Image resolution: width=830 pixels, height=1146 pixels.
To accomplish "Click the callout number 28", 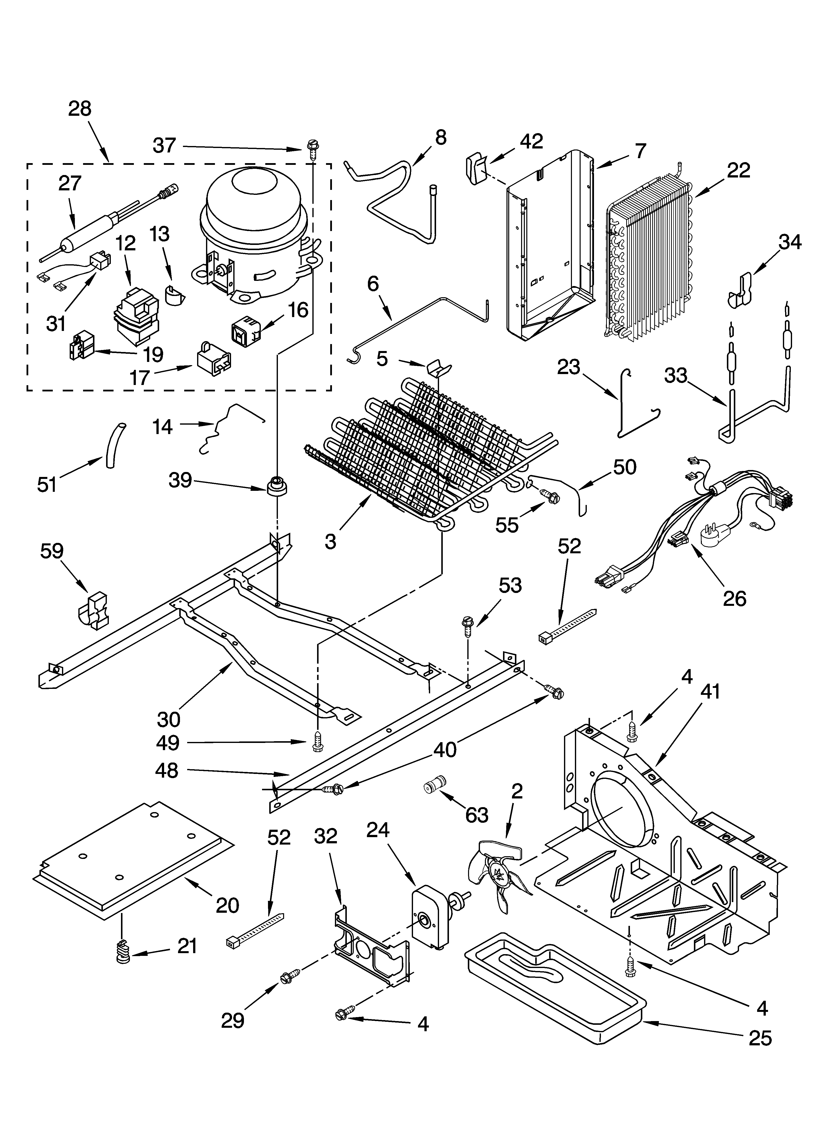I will pyautogui.click(x=80, y=109).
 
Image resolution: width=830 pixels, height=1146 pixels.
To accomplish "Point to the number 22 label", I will pyautogui.click(x=739, y=171).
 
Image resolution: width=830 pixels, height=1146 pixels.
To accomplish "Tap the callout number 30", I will pyautogui.click(x=168, y=719).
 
